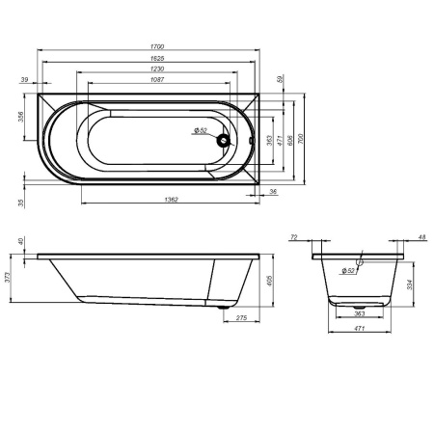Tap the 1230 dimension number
click(155, 69)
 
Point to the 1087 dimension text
click(155, 82)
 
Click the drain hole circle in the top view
click(226, 141)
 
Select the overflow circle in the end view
click(358, 259)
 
